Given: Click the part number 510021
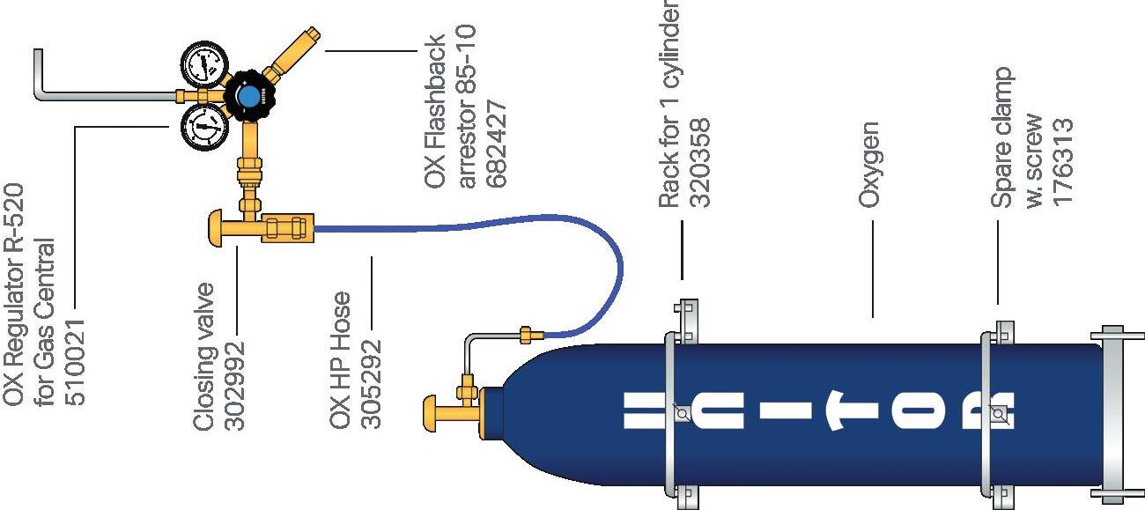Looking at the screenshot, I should point(77,361).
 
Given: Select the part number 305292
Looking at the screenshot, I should point(373,385).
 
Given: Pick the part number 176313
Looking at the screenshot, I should point(1064,162).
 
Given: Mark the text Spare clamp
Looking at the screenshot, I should point(1002,138).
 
